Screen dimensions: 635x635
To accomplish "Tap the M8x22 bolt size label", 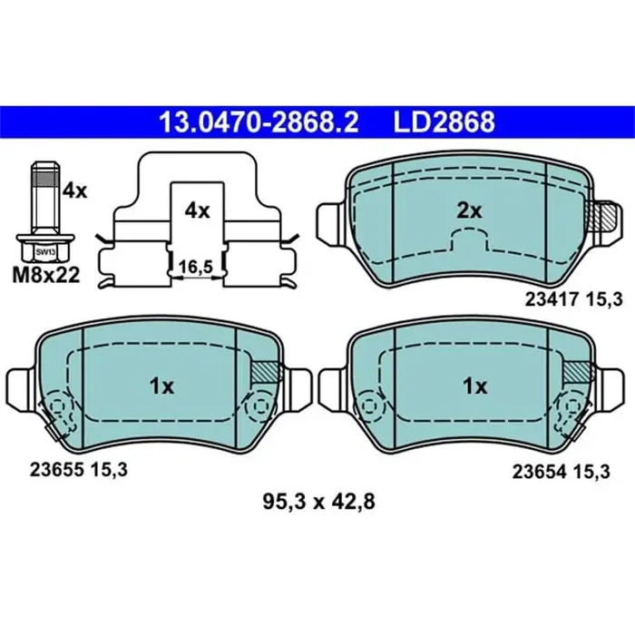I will point(44,277).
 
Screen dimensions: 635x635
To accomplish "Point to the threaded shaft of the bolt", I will point(44,198).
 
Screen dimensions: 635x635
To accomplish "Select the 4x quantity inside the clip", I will point(197,210).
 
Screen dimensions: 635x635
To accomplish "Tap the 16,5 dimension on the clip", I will point(198,269).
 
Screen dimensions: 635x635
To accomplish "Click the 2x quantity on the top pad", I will point(468,210).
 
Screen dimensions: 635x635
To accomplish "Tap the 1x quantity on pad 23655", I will point(161,386).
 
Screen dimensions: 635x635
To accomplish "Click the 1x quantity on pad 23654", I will point(475,386).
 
